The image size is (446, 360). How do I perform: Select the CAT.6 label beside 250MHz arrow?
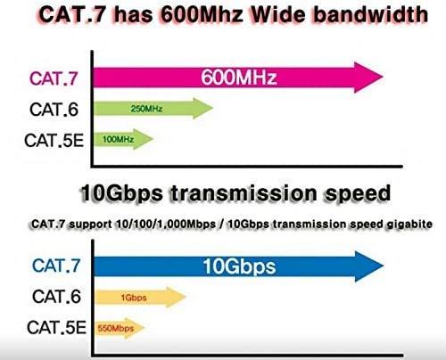click(x=56, y=109)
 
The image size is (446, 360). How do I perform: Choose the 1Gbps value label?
click(x=129, y=295)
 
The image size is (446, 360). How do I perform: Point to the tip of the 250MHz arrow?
click(x=213, y=109)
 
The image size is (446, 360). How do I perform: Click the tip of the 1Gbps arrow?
click(x=186, y=295)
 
